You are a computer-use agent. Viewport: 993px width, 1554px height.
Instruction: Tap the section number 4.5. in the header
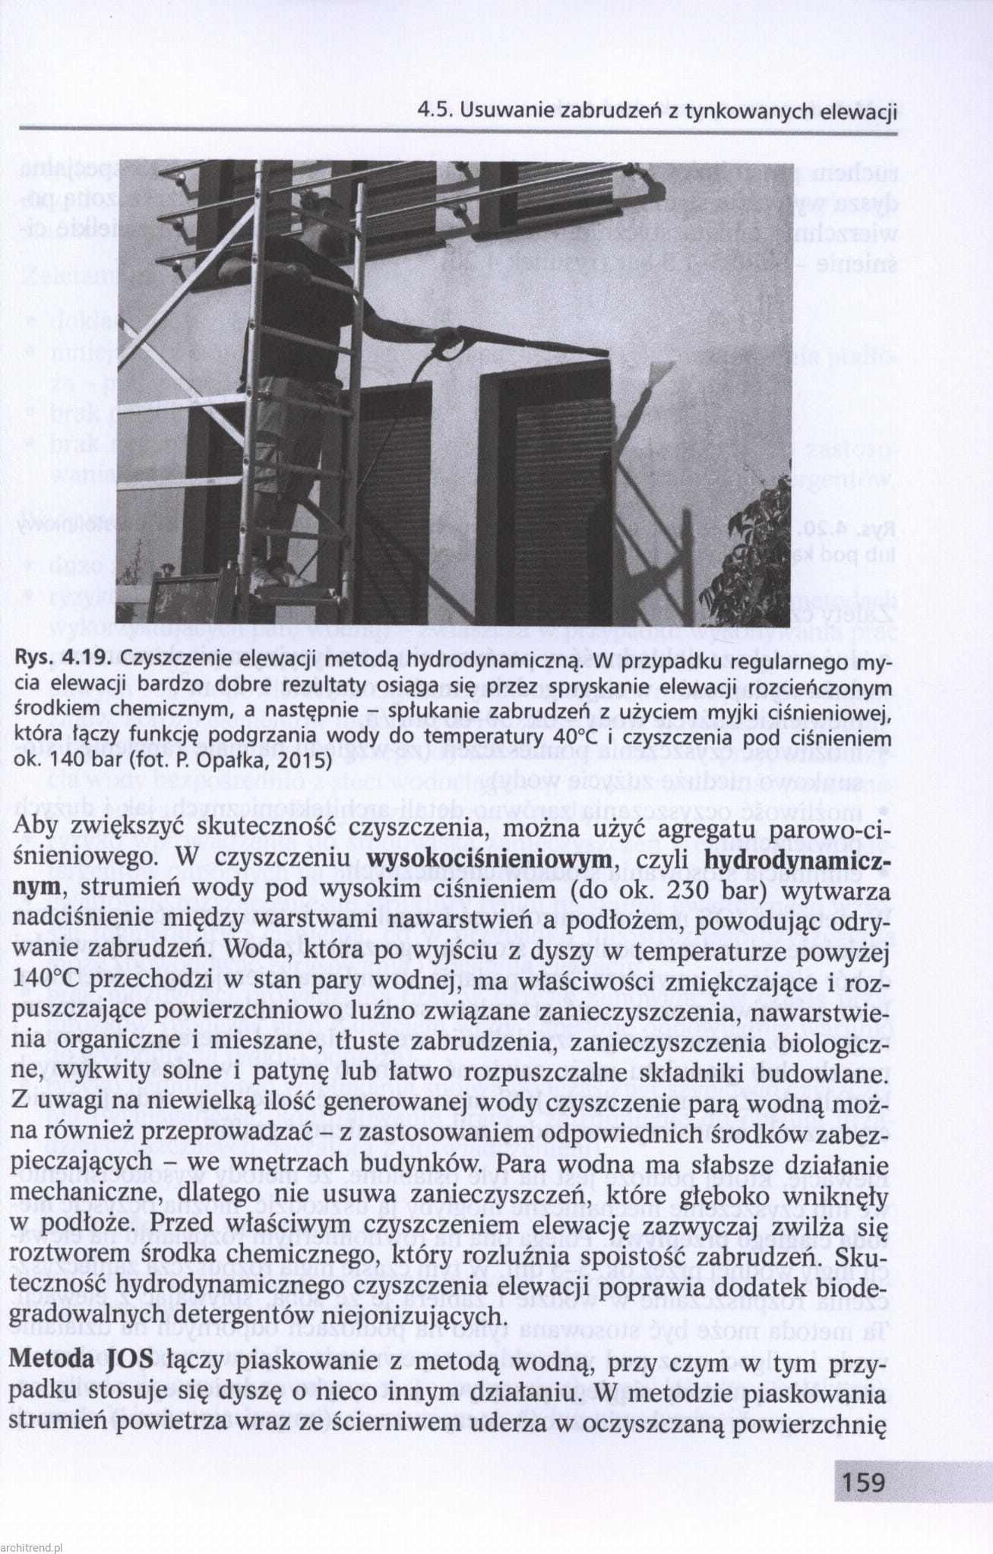point(435,112)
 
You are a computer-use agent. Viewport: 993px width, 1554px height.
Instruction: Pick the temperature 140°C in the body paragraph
point(49,981)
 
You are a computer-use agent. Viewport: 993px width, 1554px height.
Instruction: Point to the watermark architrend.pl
point(35,1543)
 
